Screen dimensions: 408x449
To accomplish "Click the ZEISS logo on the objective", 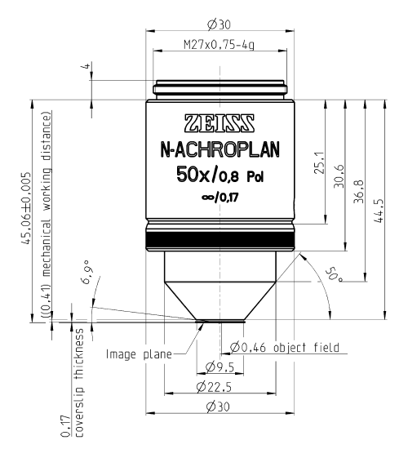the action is click(220, 123).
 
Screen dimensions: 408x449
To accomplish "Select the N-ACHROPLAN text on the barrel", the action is click(220, 150).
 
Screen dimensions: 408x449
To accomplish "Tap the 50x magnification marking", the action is click(193, 175).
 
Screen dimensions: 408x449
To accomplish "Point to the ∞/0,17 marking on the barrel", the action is click(220, 198).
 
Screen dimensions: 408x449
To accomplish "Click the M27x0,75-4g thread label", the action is click(219, 45).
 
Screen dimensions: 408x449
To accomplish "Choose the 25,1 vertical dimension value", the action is click(320, 163).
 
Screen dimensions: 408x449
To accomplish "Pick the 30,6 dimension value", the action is click(339, 176).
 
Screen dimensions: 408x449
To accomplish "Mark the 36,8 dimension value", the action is click(359, 192).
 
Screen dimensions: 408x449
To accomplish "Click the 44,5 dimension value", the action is click(379, 211).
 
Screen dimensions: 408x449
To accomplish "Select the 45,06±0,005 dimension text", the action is click(25, 208).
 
